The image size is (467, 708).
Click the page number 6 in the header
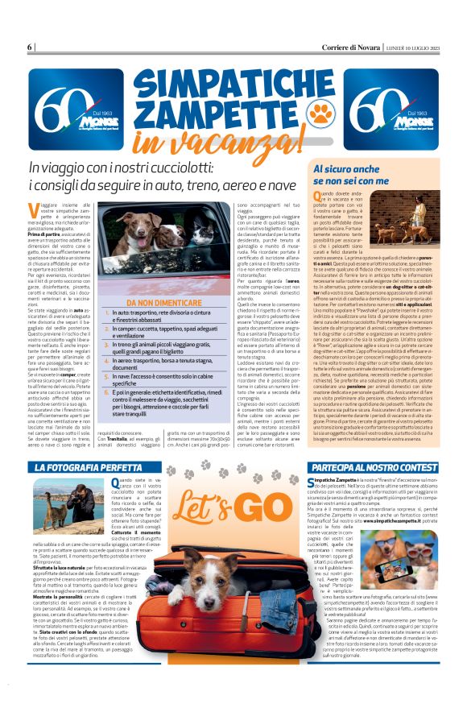pos(31,47)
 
